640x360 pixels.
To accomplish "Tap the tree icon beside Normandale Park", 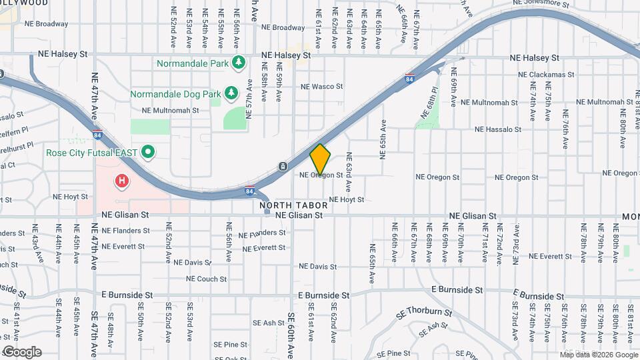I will pyautogui.click(x=239, y=63).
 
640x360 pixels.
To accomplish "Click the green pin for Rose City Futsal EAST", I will pyautogui.click(x=149, y=153).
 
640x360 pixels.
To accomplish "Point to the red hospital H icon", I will pyautogui.click(x=121, y=180).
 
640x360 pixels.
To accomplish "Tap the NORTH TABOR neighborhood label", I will pyautogui.click(x=291, y=205).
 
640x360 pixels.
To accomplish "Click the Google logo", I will pyautogui.click(x=22, y=352).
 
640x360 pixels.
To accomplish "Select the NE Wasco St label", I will pyautogui.click(x=321, y=87).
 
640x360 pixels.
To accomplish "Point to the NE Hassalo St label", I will pyautogui.click(x=497, y=129).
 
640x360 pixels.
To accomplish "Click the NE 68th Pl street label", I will pyautogui.click(x=429, y=103).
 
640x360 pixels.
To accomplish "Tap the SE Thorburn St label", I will pyautogui.click(x=424, y=312).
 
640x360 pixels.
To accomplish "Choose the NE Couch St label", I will pyautogui.click(x=206, y=279).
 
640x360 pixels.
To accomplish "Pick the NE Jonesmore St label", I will pyautogui.click(x=541, y=4).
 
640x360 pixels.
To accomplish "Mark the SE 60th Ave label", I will pyautogui.click(x=291, y=336).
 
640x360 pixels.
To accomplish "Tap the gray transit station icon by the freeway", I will pyautogui.click(x=283, y=166).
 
